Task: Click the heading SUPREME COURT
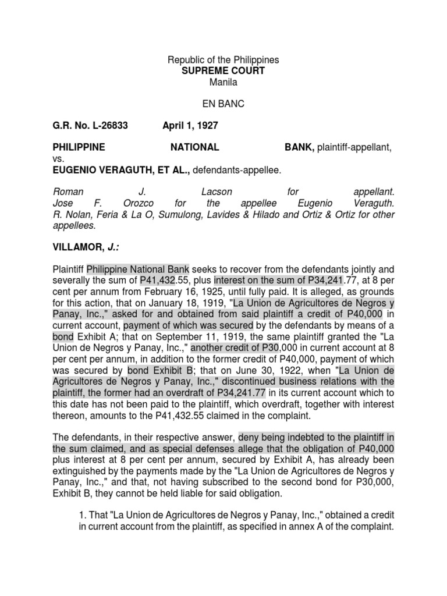coord(223,70)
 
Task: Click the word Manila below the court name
coord(223,81)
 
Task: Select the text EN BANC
coord(223,104)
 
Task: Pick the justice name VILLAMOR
coord(79,247)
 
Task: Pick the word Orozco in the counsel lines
coord(142,203)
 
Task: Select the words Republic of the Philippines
coord(223,59)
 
